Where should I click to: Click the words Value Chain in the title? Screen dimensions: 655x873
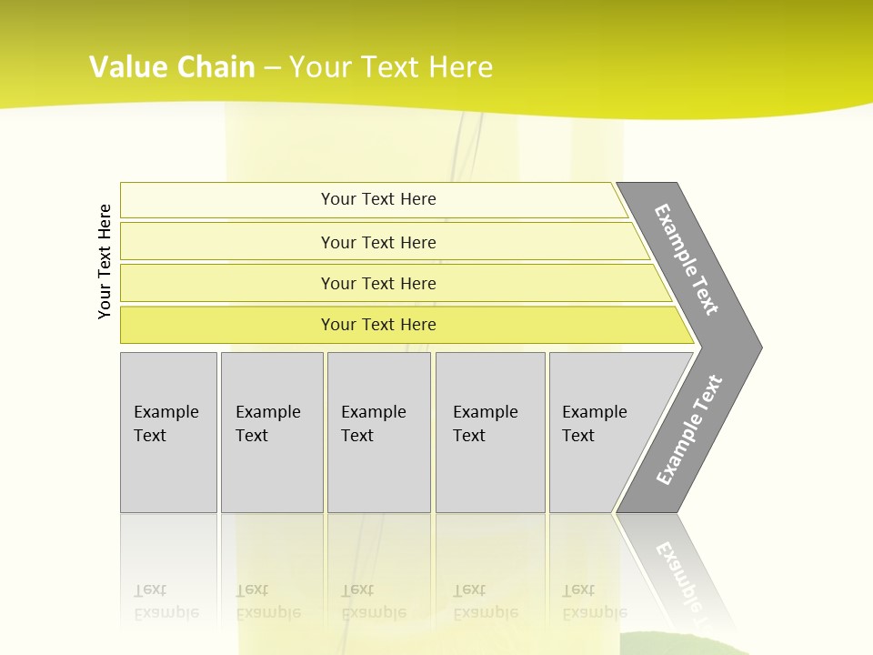tap(172, 67)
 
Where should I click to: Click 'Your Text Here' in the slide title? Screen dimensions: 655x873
tap(391, 67)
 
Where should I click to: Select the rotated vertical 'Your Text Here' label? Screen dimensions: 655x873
tap(105, 261)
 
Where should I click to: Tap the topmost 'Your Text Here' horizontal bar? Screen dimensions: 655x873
tap(377, 199)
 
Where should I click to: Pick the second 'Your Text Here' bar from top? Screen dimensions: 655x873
tap(377, 242)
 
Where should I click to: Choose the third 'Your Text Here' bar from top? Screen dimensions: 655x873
tap(377, 283)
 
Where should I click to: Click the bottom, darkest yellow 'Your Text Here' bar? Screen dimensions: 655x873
tap(377, 325)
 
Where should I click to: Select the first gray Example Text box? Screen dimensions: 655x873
tap(168, 432)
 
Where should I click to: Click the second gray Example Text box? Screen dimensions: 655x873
tap(272, 432)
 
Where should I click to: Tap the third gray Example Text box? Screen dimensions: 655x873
tap(378, 432)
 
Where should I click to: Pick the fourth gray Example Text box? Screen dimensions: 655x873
tap(490, 432)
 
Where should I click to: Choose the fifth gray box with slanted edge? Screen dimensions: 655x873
tap(600, 432)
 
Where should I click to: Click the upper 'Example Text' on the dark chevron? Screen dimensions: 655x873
tap(687, 259)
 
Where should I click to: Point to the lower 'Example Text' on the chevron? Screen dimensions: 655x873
tap(688, 430)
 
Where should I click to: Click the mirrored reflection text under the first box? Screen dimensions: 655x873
tap(166, 601)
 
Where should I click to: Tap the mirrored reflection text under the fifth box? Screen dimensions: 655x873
tap(594, 601)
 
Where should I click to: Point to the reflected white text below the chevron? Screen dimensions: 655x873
tap(682, 573)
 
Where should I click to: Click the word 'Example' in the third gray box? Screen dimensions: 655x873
tap(373, 412)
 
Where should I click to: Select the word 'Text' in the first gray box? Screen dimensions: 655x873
tap(150, 436)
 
